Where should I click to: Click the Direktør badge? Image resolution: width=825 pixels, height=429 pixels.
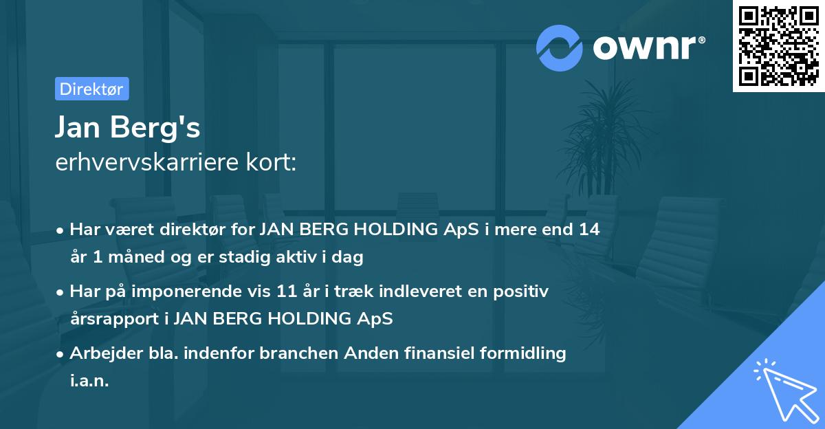click(x=91, y=89)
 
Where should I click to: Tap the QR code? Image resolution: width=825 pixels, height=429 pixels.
click(x=778, y=45)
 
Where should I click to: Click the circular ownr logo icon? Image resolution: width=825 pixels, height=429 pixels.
click(x=560, y=47)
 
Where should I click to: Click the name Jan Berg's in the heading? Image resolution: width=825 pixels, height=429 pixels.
click(x=128, y=127)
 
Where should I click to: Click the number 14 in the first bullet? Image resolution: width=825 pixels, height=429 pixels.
click(x=588, y=230)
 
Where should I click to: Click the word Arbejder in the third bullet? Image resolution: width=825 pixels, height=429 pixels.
click(x=101, y=353)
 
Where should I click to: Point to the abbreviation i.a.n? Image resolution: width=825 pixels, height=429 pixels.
click(x=89, y=381)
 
